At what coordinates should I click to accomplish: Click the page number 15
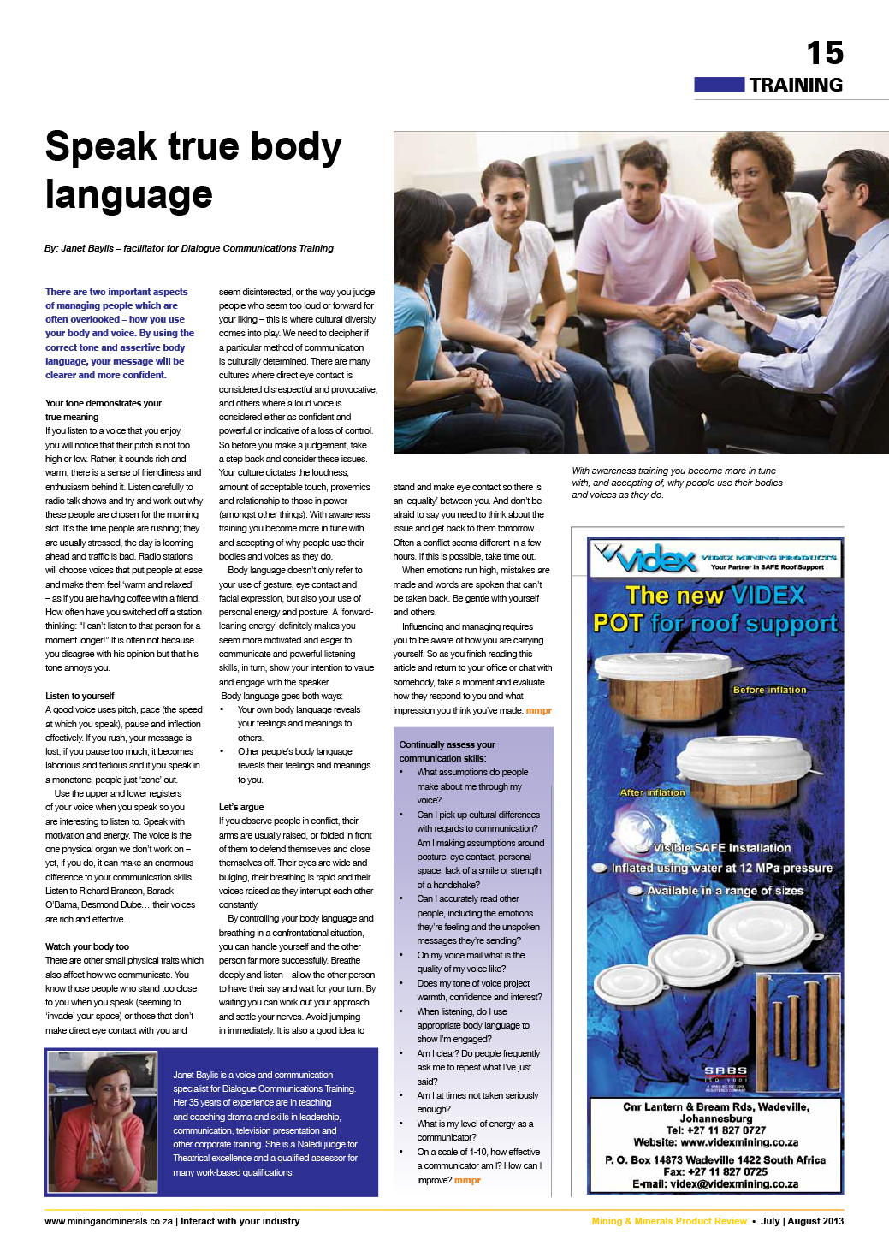tap(824, 53)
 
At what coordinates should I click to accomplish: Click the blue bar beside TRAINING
tap(719, 85)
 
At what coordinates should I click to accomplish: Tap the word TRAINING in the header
tap(796, 85)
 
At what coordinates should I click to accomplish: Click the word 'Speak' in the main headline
tap(100, 147)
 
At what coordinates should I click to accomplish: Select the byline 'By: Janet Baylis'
tap(80, 248)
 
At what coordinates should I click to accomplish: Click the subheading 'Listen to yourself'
tap(80, 696)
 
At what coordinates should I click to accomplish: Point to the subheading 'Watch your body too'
tap(87, 946)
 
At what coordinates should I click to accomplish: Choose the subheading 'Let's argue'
tap(241, 807)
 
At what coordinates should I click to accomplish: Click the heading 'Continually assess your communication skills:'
tap(447, 751)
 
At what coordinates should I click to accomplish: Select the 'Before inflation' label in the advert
tap(769, 690)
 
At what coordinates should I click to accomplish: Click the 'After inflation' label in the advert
tap(652, 792)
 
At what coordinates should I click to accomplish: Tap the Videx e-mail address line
tap(715, 1184)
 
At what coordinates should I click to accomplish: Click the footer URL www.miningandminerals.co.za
tap(109, 1221)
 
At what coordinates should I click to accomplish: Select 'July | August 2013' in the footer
tap(802, 1221)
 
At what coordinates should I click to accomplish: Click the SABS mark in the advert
tap(726, 1072)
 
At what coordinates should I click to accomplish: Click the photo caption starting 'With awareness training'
tap(677, 483)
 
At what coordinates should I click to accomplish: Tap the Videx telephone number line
tap(715, 1130)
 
